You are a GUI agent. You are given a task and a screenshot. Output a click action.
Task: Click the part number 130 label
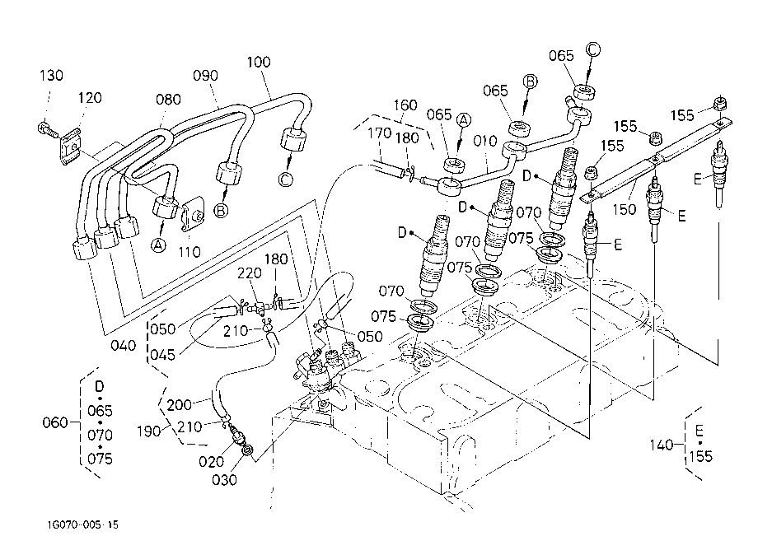click(x=51, y=75)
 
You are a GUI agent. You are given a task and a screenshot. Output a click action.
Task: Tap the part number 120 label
click(x=90, y=98)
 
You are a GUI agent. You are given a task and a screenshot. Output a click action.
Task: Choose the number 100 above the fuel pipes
click(x=259, y=63)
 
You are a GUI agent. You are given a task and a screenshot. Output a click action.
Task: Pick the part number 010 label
click(x=484, y=141)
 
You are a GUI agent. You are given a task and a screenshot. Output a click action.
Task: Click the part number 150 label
click(x=624, y=210)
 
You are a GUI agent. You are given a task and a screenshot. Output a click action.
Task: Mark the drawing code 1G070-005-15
click(x=82, y=525)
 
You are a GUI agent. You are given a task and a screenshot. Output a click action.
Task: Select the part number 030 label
click(x=224, y=480)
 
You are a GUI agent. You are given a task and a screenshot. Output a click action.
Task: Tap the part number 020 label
click(x=211, y=462)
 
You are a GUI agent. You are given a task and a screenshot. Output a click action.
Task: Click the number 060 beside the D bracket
click(x=54, y=423)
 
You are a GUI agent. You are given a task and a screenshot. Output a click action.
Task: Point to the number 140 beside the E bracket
click(x=661, y=445)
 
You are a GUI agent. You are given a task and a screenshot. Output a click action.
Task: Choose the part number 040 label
click(x=123, y=346)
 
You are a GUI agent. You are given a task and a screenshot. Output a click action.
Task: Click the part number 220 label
click(x=249, y=273)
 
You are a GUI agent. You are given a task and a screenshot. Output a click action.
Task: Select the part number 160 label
click(x=405, y=105)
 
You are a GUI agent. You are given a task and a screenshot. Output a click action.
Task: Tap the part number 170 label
click(x=379, y=133)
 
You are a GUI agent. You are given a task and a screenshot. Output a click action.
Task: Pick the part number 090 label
click(x=205, y=76)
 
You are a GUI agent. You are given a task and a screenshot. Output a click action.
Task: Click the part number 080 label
click(x=168, y=100)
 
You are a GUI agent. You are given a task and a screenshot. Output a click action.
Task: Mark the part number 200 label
click(x=179, y=404)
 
